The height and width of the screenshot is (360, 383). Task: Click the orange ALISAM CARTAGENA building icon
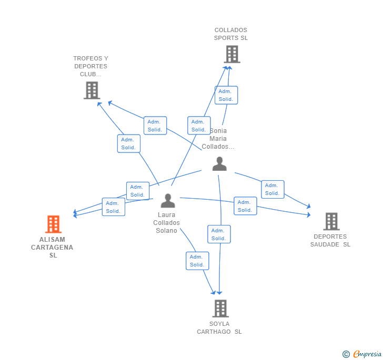(x=53, y=224)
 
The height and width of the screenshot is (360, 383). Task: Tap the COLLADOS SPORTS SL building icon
(x=232, y=54)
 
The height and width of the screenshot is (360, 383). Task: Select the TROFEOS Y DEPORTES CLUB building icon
(x=92, y=90)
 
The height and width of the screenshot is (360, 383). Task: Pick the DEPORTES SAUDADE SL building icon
(x=331, y=221)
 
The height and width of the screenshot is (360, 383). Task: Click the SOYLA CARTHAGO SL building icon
(x=220, y=308)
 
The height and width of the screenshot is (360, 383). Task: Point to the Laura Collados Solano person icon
(x=168, y=201)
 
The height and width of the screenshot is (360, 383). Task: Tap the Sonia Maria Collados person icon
(x=219, y=164)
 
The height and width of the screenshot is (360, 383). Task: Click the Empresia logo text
(x=367, y=354)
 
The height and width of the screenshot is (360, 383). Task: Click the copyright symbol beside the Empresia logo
(x=346, y=354)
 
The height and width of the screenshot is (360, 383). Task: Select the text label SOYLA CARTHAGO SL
(x=219, y=328)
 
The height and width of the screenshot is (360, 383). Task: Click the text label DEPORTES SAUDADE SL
(x=330, y=240)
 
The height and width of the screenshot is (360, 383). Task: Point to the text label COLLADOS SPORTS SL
(x=231, y=34)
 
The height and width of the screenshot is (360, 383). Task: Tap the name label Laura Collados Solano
(x=166, y=223)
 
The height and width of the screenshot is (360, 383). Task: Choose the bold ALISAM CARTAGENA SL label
(x=52, y=247)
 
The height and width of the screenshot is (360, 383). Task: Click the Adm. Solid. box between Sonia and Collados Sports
(x=226, y=95)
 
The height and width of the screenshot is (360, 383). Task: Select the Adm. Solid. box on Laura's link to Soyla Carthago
(x=197, y=261)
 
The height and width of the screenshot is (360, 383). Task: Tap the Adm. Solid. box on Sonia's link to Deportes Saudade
(x=273, y=189)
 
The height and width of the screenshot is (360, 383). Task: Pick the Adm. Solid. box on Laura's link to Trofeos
(x=129, y=143)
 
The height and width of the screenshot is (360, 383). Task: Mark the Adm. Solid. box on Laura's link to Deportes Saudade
(x=245, y=206)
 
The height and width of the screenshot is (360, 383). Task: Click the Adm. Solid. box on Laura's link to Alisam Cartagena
(x=114, y=207)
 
